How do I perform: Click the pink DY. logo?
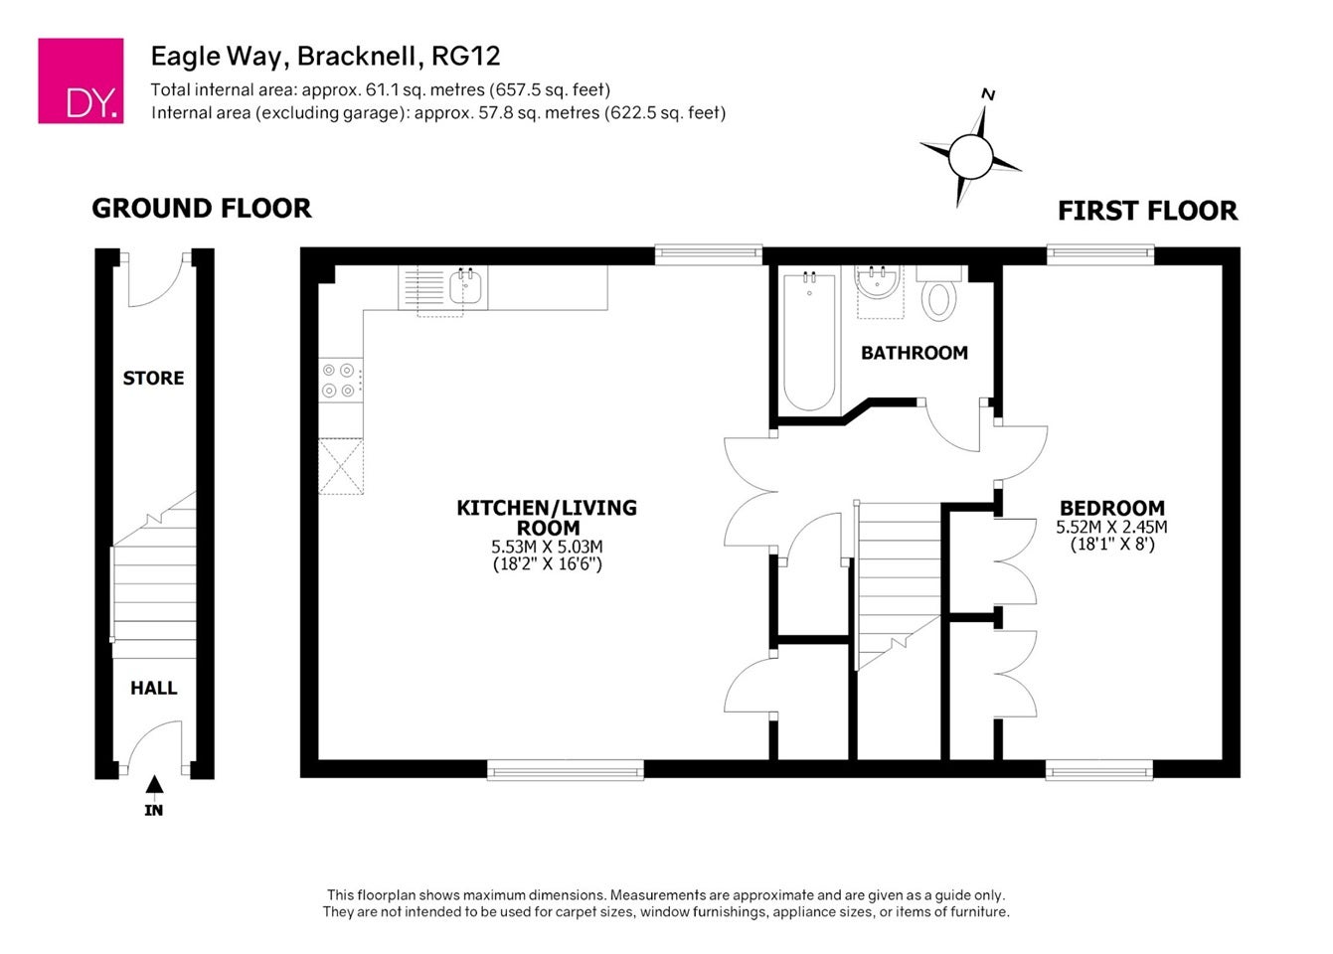81,80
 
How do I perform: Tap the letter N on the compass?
988,94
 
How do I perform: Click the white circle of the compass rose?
970,156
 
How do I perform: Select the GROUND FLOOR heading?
202,209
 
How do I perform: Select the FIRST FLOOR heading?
1148,211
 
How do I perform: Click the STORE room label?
153,379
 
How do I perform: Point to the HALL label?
153,688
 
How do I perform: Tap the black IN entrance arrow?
154,784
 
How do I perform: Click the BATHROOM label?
915,353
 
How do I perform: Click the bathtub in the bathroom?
809,341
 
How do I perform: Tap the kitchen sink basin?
468,285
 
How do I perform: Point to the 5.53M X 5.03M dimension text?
547,546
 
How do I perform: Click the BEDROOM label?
1112,508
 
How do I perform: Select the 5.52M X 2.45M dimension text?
1111,527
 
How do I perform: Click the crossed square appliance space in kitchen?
341,466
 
